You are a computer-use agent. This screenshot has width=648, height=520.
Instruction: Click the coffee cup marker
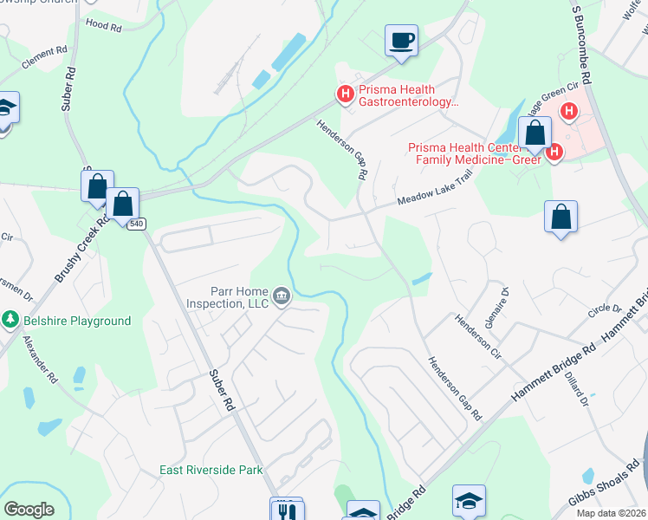[401, 41]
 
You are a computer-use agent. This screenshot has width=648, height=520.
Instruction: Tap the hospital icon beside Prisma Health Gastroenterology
[346, 94]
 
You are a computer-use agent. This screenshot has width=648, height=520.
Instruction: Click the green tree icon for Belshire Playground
[10, 321]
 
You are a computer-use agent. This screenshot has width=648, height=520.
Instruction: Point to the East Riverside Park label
[211, 470]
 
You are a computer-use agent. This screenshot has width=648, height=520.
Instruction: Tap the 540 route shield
[136, 224]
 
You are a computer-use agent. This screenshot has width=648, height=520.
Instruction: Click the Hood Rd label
[104, 26]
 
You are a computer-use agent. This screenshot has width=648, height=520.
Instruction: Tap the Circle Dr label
[605, 309]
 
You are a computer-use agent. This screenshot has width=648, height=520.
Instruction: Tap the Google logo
[29, 510]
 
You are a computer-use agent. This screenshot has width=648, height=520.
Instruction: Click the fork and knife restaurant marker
[287, 510]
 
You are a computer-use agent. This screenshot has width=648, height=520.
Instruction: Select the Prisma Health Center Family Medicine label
[475, 152]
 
